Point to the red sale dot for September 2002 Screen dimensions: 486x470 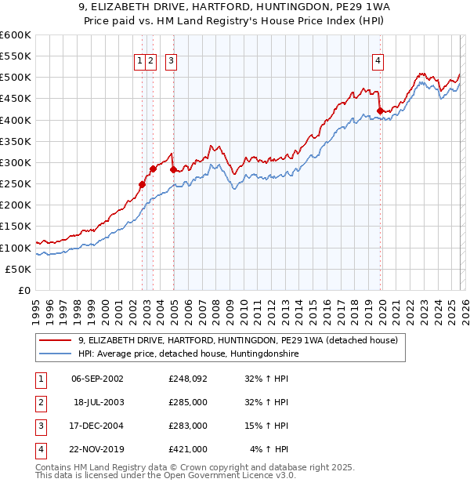[x=142, y=184]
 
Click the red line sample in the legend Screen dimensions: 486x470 [x=55, y=340]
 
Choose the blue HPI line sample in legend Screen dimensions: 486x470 [x=55, y=354]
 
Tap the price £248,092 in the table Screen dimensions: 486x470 [x=188, y=379]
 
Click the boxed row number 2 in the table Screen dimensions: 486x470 [x=40, y=402]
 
